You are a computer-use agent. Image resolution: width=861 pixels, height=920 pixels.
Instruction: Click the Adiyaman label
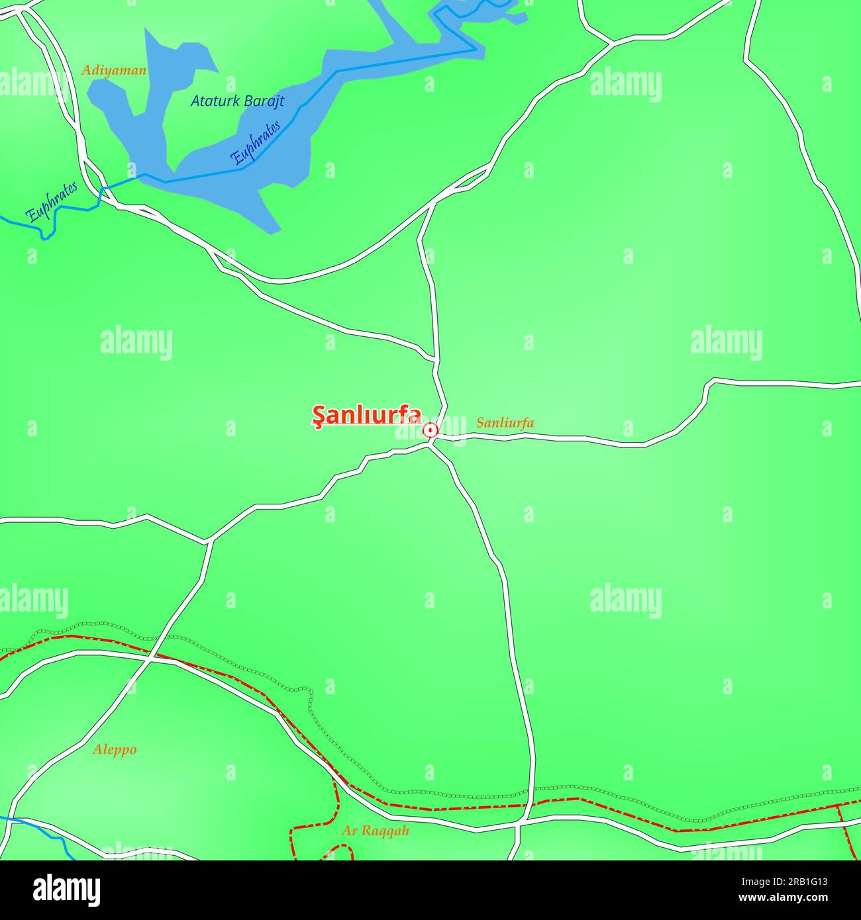(x=114, y=70)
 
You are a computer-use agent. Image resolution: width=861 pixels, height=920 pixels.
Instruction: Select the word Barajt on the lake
(x=264, y=101)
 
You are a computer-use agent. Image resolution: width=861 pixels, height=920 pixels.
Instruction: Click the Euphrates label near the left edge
(x=51, y=201)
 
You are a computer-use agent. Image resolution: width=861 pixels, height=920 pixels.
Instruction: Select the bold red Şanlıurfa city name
(x=366, y=416)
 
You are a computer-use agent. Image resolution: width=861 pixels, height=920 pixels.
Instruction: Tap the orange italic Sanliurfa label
(x=505, y=423)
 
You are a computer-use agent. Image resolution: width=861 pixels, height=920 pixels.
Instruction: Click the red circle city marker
(x=430, y=431)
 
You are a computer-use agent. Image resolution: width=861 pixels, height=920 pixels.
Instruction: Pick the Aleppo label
(x=115, y=750)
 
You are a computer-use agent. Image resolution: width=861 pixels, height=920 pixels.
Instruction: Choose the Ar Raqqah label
(x=376, y=831)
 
